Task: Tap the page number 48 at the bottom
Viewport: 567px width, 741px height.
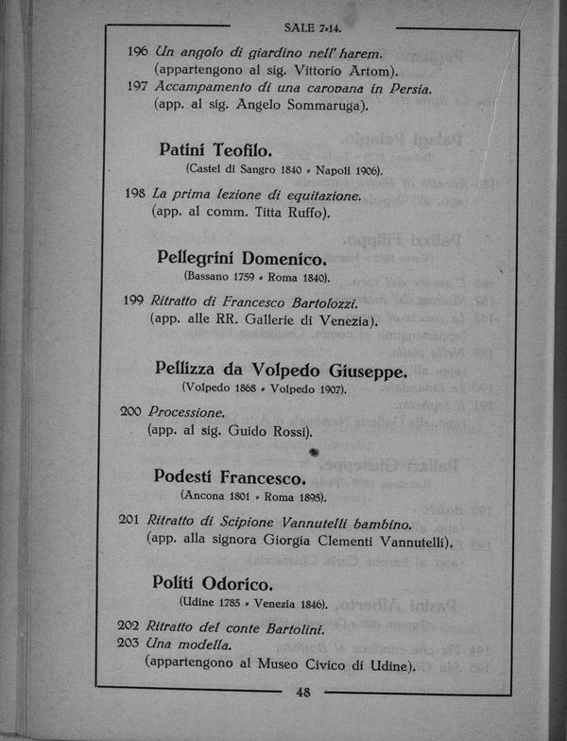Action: (304, 692)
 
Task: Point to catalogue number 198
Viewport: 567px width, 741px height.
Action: (134, 194)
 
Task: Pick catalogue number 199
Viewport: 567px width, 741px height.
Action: (133, 301)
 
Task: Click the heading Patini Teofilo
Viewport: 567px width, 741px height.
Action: (216, 149)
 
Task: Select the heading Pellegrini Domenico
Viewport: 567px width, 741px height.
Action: (242, 257)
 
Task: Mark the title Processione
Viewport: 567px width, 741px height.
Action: (186, 413)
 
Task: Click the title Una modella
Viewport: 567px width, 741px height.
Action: (187, 645)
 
